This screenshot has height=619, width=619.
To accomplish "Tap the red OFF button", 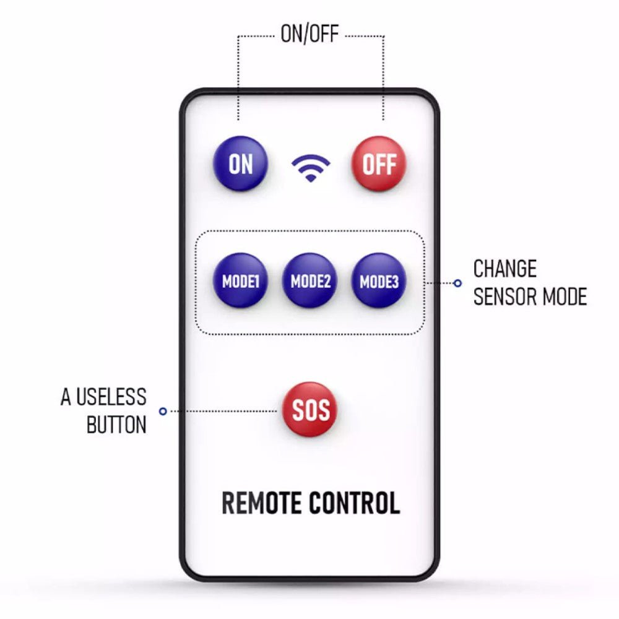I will pyautogui.click(x=379, y=164).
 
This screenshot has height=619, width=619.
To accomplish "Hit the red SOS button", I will pyautogui.click(x=310, y=409).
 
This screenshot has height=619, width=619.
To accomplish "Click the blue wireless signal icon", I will pyautogui.click(x=311, y=168).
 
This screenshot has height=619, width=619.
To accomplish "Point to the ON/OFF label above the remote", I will pyautogui.click(x=309, y=34).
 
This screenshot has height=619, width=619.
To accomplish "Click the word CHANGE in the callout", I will pyautogui.click(x=504, y=269).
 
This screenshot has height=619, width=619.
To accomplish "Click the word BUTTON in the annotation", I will pyautogui.click(x=116, y=425).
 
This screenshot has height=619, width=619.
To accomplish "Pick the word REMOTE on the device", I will pyautogui.click(x=262, y=503).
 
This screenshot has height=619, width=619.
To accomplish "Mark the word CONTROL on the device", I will pyautogui.click(x=355, y=503).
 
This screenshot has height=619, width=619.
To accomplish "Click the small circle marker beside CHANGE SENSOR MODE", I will pyautogui.click(x=457, y=283).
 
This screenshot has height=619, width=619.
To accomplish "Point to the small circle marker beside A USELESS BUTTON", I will pyautogui.click(x=163, y=410).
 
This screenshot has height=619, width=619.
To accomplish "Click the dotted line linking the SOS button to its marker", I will pyautogui.click(x=223, y=410).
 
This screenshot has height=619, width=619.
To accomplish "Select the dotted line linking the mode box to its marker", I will pyautogui.click(x=441, y=283).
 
